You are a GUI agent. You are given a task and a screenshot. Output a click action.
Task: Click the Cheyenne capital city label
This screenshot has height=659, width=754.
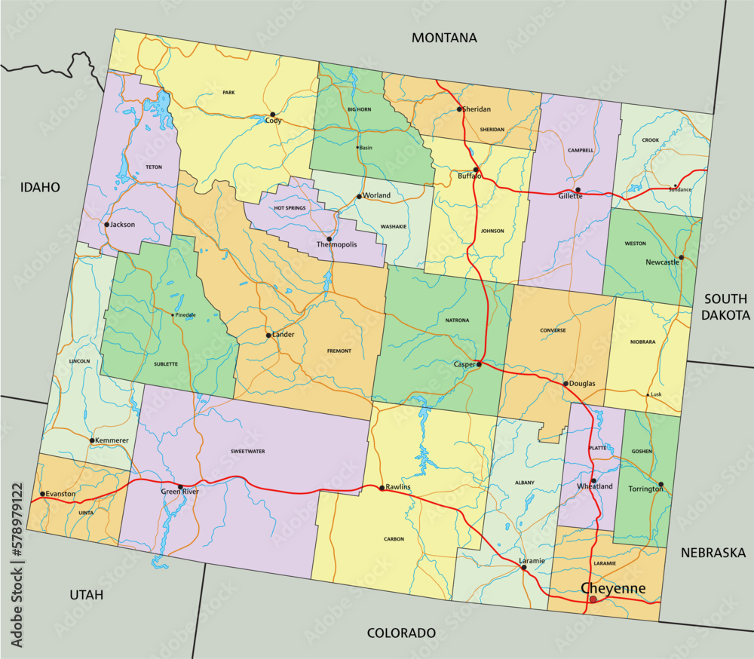(x=612, y=587)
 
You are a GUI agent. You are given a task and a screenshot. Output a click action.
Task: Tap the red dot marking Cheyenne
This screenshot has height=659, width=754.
(x=593, y=599)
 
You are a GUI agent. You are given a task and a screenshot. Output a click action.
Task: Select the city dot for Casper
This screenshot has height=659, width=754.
(x=479, y=364)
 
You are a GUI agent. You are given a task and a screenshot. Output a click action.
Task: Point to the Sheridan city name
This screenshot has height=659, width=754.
(x=477, y=109)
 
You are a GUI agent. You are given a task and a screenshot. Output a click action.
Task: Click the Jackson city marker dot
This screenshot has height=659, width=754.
(x=106, y=225)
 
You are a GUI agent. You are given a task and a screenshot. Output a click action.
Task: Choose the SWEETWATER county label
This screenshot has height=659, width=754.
(x=247, y=451)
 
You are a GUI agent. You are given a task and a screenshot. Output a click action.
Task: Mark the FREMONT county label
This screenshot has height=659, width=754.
(x=339, y=351)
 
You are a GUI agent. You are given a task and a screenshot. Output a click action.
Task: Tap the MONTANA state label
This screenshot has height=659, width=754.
(x=445, y=38)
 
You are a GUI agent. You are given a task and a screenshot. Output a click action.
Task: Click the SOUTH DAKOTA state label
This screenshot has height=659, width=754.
(x=725, y=307)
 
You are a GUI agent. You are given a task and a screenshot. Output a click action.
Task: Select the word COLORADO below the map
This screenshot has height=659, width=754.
(x=401, y=633)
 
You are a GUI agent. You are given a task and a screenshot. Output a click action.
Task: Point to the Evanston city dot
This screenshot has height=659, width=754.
(x=42, y=494)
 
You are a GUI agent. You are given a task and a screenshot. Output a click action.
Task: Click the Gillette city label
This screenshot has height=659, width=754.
(x=570, y=196)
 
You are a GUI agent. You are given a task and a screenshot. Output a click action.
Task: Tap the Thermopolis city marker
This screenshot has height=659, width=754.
(x=329, y=239)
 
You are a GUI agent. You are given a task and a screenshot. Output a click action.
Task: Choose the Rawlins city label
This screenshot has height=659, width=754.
(x=398, y=487)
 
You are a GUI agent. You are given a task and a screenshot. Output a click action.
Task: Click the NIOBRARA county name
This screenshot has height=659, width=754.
(x=642, y=342)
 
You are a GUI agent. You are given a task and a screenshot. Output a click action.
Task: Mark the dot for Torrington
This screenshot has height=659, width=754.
(x=661, y=485)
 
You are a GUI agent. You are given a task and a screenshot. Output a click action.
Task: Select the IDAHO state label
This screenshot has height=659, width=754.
(x=40, y=187)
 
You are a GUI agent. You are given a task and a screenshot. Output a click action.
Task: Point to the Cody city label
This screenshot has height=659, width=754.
(x=273, y=121)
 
